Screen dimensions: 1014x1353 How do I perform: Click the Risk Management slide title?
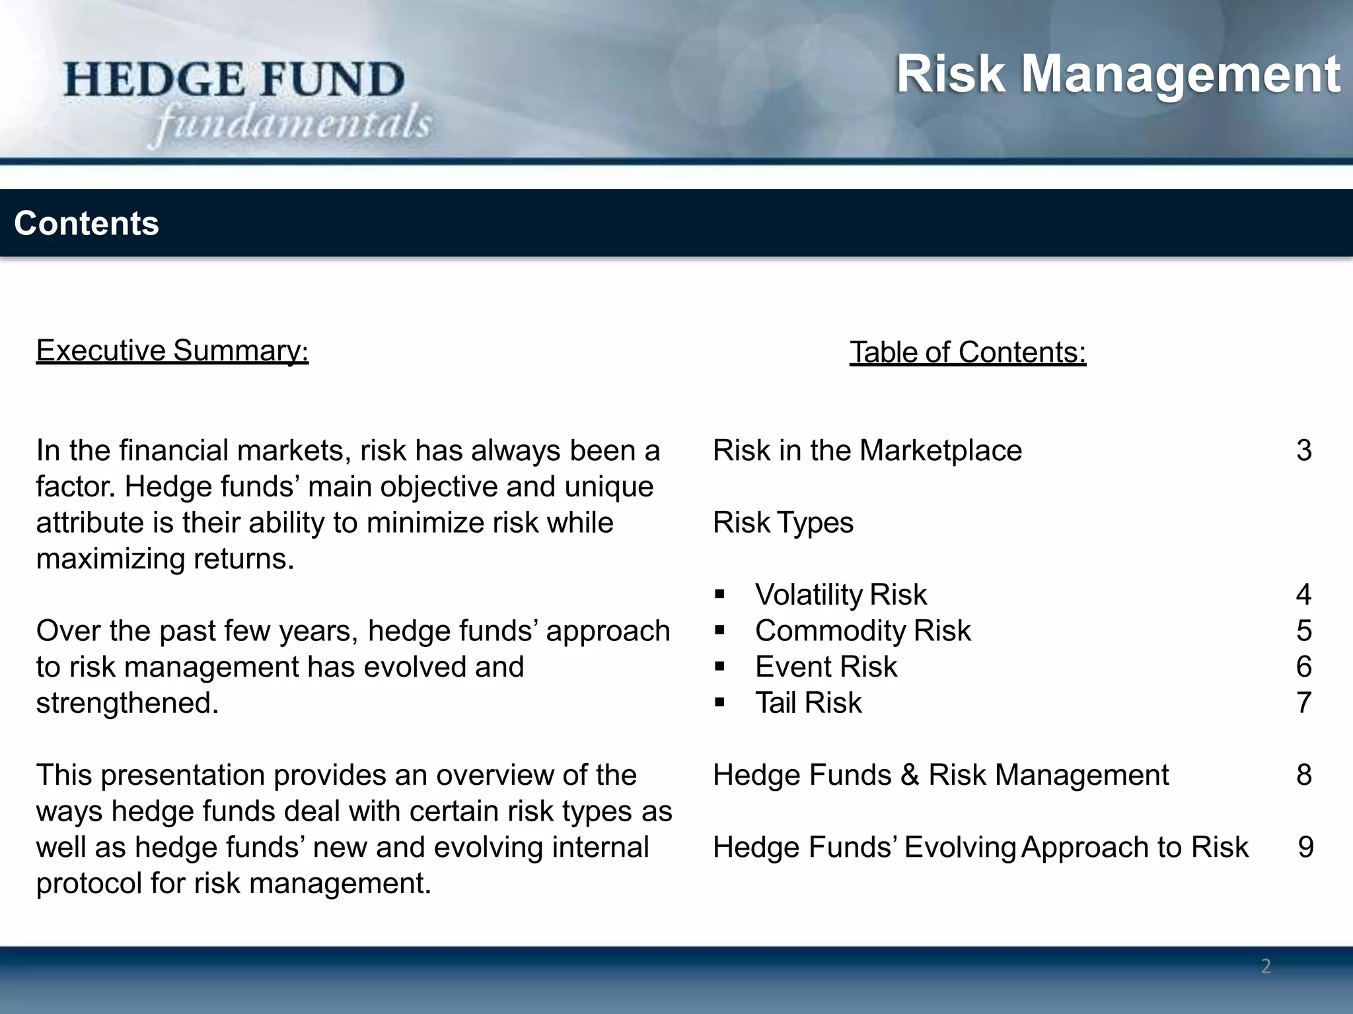[x=1118, y=74]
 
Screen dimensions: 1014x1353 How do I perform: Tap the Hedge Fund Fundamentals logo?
[x=248, y=100]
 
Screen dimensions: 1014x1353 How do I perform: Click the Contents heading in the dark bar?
[x=87, y=223]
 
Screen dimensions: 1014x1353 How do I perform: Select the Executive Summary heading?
[x=172, y=351]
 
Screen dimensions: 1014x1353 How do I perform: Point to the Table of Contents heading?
[x=968, y=353]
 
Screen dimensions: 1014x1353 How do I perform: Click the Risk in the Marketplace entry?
[x=867, y=451]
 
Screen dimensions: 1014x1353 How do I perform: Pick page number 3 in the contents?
[x=1303, y=451]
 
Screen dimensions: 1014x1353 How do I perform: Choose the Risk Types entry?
[x=783, y=523]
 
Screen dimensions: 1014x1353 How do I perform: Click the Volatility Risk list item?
[x=840, y=595]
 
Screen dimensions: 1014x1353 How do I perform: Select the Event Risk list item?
[x=826, y=667]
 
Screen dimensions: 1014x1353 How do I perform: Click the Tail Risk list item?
[x=808, y=703]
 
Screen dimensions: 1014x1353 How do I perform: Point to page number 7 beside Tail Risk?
[x=1303, y=703]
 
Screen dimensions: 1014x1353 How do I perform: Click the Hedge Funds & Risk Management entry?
[x=941, y=775]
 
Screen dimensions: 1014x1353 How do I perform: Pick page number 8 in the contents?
[x=1303, y=775]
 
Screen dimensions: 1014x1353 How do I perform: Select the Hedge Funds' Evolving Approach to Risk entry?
[x=980, y=848]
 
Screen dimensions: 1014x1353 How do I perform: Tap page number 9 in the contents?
[x=1305, y=848]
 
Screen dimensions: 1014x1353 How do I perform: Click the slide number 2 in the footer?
[x=1266, y=966]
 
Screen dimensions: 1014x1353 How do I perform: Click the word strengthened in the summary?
[x=127, y=703]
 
